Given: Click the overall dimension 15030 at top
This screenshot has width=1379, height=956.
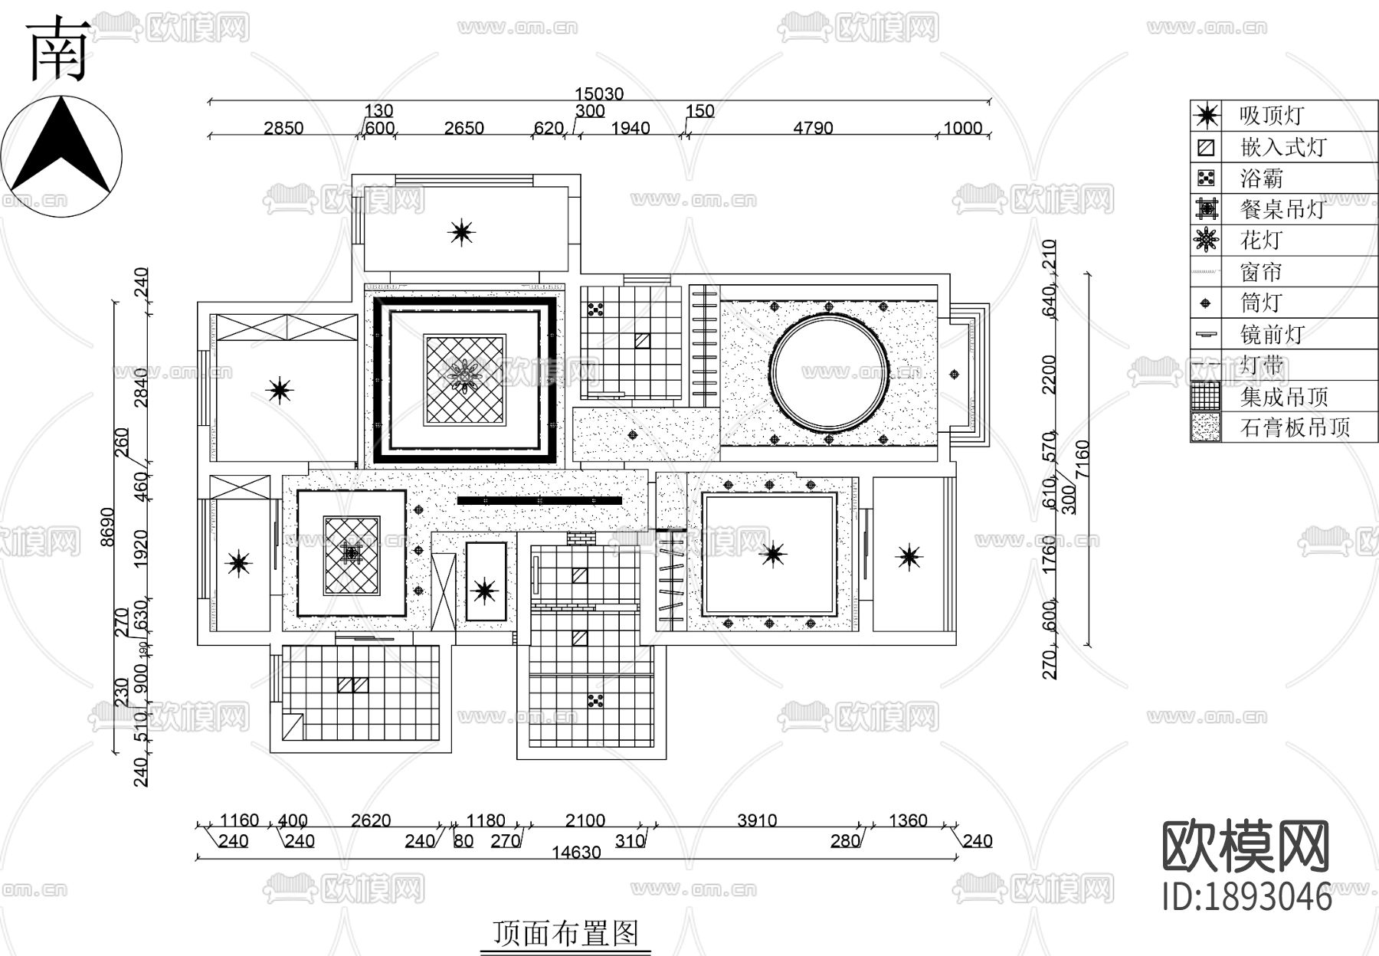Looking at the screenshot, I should (599, 93).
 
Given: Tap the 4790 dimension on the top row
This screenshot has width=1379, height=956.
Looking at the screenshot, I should (813, 128).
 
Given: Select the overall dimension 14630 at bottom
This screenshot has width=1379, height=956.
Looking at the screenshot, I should (576, 853).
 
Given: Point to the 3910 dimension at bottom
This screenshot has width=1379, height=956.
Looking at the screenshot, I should (757, 820).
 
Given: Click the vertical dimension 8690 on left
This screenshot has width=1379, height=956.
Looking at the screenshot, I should (107, 526).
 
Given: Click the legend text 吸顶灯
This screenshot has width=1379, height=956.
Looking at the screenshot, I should (1272, 116).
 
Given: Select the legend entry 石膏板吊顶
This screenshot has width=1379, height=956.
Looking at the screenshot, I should (1295, 427).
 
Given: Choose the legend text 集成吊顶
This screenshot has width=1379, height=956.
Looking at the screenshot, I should (1284, 397).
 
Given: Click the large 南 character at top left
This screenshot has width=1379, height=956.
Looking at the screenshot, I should (57, 50).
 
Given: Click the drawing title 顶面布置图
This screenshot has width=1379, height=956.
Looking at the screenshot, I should (565, 933).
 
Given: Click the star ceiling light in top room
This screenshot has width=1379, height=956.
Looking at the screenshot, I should (461, 231).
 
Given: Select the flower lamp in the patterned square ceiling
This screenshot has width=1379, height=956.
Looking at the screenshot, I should (464, 376).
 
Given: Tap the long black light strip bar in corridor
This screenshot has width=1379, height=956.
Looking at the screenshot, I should (539, 500).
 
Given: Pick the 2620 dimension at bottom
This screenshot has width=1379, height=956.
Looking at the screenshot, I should (371, 820).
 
